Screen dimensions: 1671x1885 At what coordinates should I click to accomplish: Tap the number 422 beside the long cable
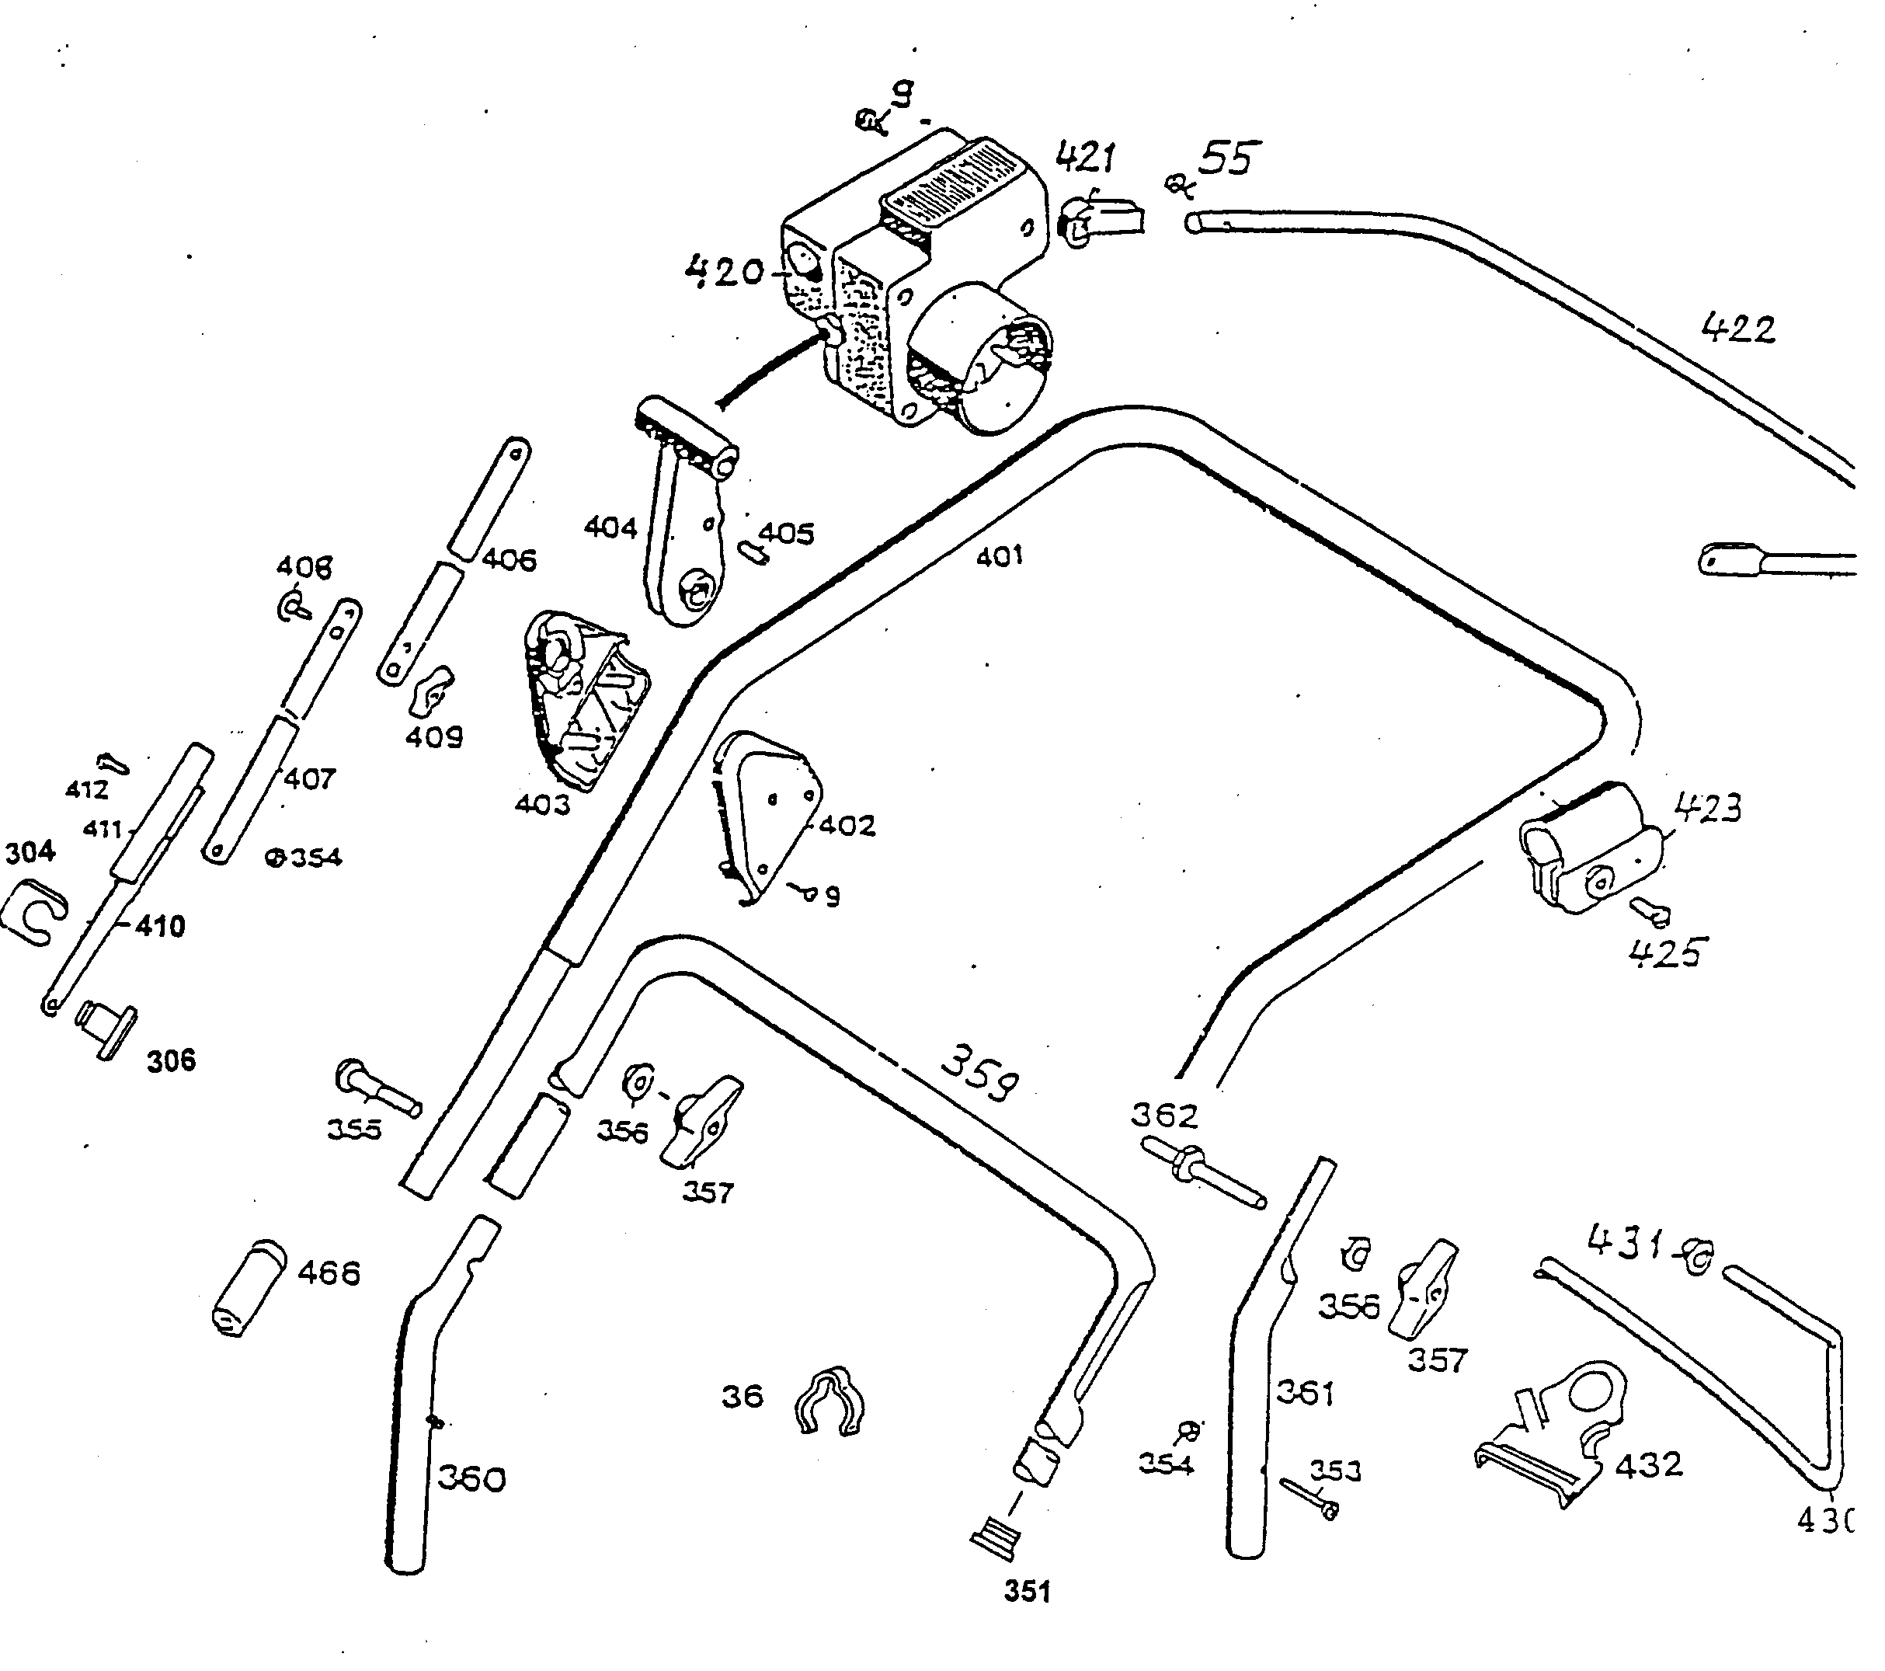[1737, 329]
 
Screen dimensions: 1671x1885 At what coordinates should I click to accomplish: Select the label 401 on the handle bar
[1000, 555]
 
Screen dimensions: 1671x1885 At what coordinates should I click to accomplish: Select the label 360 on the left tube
[471, 1478]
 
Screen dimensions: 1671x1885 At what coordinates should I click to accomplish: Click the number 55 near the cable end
[1227, 158]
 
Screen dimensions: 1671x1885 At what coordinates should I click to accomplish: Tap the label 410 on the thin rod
[161, 926]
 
